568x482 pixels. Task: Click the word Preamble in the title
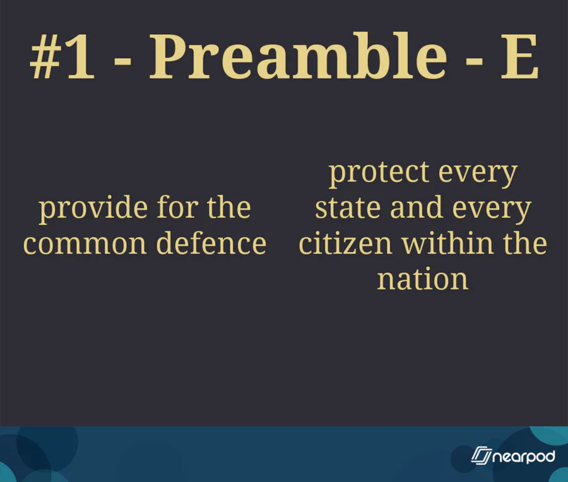[x=298, y=56]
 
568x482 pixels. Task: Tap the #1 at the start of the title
[x=62, y=57]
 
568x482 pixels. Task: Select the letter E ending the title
[x=519, y=57]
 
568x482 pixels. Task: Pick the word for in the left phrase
[x=177, y=207]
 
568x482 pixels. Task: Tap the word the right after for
[x=229, y=207]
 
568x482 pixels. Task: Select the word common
[x=85, y=244]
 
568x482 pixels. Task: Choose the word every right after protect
[x=478, y=176]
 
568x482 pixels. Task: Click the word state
[x=348, y=208]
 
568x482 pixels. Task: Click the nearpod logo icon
[x=481, y=455]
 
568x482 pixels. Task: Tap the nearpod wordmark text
[x=524, y=457]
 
